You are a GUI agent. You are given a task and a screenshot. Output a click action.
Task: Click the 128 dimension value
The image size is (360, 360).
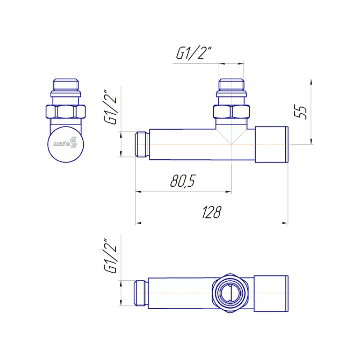click(x=211, y=212)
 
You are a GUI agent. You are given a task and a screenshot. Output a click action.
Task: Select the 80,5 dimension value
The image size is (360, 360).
click(x=183, y=181)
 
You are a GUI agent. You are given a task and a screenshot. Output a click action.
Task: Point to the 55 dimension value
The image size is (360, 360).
click(x=301, y=112)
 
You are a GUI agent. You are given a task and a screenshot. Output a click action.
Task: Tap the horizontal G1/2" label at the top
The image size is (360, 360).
click(x=193, y=53)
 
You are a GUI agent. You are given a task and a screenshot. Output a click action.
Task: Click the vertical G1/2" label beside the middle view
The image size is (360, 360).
click(x=111, y=107)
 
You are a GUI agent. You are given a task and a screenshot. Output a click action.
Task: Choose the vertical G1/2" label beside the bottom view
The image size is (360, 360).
click(x=111, y=256)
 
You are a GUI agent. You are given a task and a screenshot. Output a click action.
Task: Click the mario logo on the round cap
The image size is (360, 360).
click(x=65, y=143)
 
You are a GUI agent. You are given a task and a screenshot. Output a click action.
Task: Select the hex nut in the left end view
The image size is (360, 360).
click(x=66, y=112)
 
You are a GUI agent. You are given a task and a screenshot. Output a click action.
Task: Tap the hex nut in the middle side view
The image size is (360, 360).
click(x=231, y=112)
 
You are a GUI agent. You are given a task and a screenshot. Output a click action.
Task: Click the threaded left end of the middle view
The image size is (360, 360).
click(x=142, y=144)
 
